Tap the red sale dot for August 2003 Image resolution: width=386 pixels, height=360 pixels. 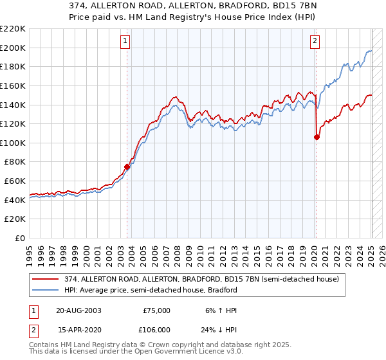click(x=127, y=167)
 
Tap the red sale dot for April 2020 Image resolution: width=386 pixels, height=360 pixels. click(x=317, y=137)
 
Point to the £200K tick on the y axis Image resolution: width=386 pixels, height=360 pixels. click(x=14, y=48)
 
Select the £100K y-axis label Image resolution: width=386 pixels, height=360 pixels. click(x=14, y=143)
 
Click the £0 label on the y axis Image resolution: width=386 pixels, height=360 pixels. click(x=19, y=238)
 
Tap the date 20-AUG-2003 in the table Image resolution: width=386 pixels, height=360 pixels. click(x=79, y=310)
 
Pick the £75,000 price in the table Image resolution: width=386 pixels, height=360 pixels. click(x=155, y=310)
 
